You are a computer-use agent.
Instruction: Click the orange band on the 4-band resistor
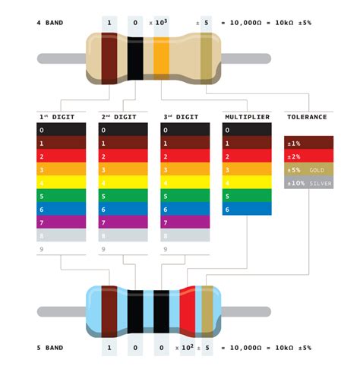tap(161, 58)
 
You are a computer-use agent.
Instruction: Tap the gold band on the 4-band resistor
tap(205, 58)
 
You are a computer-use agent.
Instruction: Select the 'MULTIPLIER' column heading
tap(246, 117)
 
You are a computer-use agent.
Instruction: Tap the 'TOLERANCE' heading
tap(308, 117)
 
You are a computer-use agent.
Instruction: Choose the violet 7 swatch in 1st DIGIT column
tap(62, 222)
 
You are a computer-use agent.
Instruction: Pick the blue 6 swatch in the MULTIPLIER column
tap(247, 209)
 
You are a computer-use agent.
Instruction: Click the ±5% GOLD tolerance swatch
tap(308, 169)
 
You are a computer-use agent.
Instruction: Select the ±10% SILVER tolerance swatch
tap(308, 183)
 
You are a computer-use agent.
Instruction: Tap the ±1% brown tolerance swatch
tap(308, 143)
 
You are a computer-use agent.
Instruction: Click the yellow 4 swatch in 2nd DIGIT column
tap(124, 182)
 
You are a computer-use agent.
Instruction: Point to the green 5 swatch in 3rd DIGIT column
tap(185, 196)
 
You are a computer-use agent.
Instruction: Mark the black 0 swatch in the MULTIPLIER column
tap(247, 130)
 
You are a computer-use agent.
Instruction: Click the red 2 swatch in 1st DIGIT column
tap(62, 156)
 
